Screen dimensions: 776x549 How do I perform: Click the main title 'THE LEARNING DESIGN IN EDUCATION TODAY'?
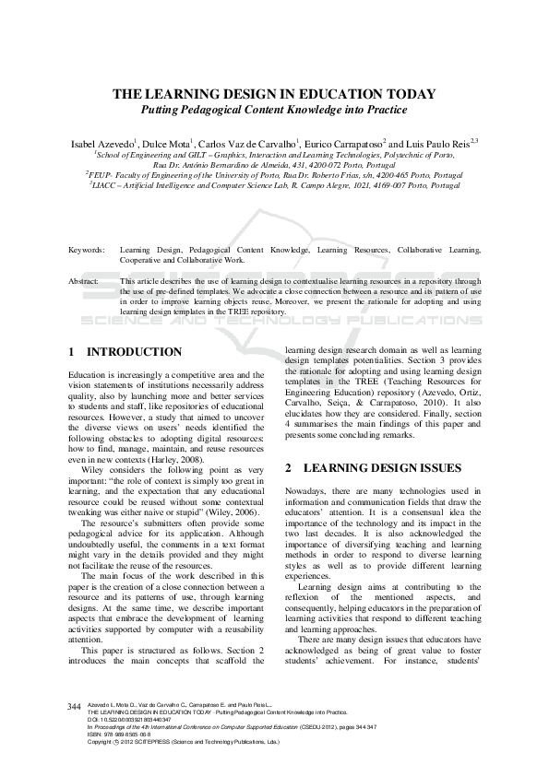pyautogui.click(x=274, y=94)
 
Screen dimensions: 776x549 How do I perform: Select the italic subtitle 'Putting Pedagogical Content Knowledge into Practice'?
pyautogui.click(x=274, y=110)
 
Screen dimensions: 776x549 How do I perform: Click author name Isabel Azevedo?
pyautogui.click(x=102, y=145)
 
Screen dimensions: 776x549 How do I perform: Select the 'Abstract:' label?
pyautogui.click(x=85, y=279)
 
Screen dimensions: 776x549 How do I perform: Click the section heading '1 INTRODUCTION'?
pyautogui.click(x=125, y=352)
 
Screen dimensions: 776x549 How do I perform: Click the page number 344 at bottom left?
pyautogui.click(x=76, y=706)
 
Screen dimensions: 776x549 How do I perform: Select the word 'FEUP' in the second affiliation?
pyautogui.click(x=99, y=173)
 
